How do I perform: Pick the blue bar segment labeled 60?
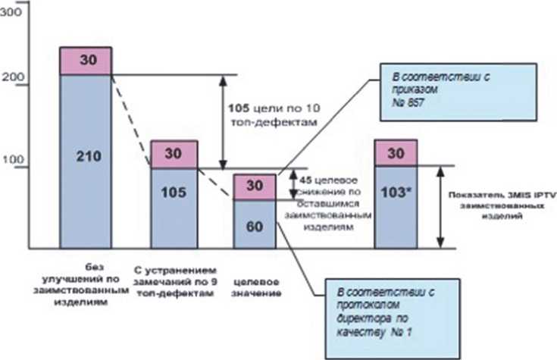pyautogui.click(x=255, y=224)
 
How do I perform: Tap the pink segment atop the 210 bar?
pyautogui.click(x=86, y=61)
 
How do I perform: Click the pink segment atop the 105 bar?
pyautogui.click(x=175, y=155)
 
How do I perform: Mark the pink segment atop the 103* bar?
pyautogui.click(x=396, y=153)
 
